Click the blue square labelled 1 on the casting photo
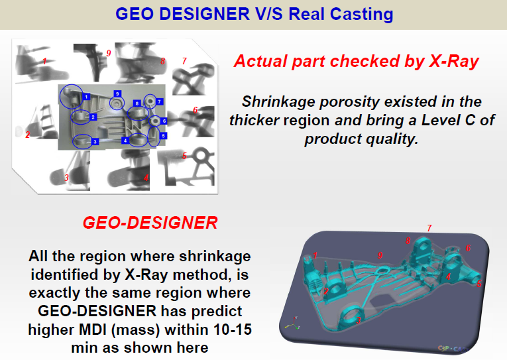[86, 97]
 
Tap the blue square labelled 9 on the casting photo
[117, 93]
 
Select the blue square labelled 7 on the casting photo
[160, 101]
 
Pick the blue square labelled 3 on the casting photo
[95, 141]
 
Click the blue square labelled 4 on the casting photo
[125, 141]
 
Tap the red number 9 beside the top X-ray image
[109, 53]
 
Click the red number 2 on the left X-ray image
[28, 135]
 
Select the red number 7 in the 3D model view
[429, 228]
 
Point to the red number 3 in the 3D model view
[359, 320]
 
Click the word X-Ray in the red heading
[451, 62]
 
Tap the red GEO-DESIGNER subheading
[150, 223]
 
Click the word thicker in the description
[257, 121]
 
